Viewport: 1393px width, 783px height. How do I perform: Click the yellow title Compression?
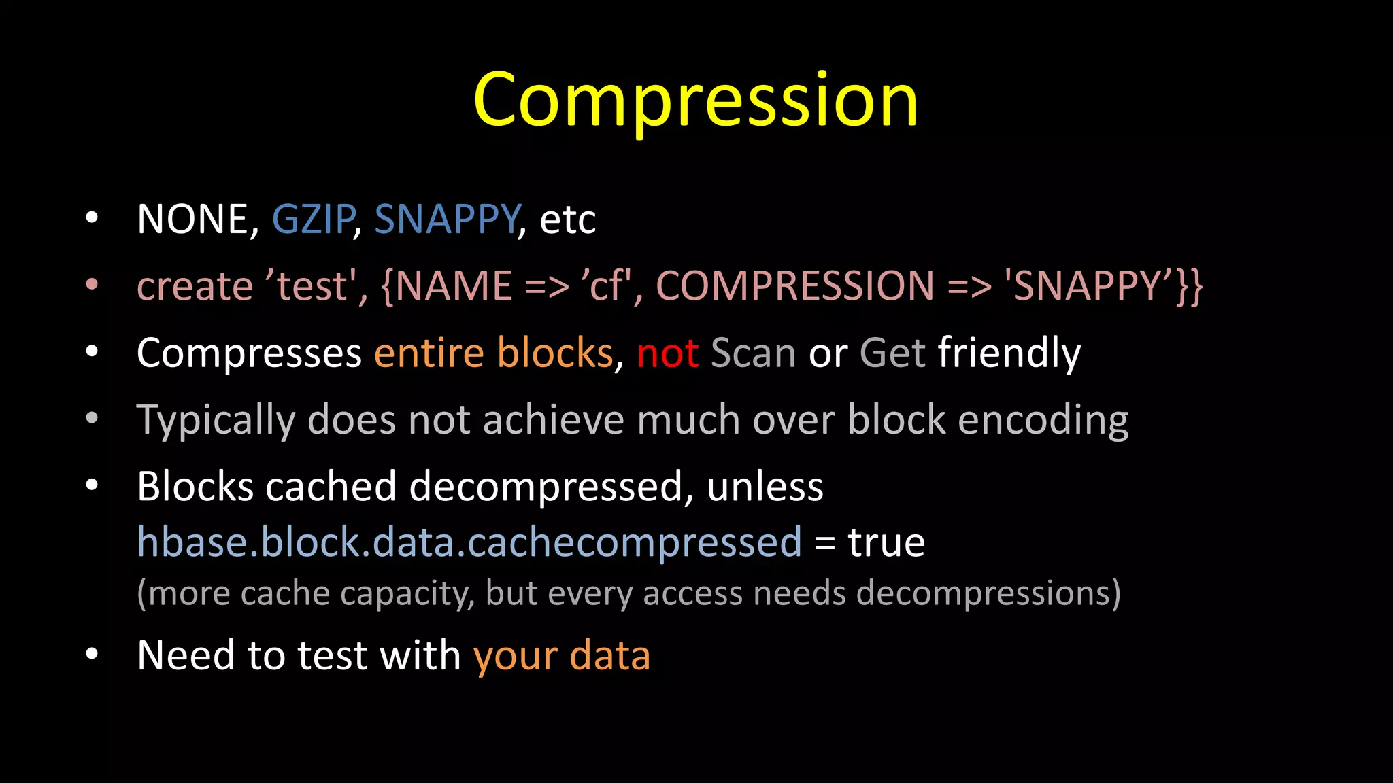(x=695, y=101)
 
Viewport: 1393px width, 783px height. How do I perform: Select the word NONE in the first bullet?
(x=192, y=220)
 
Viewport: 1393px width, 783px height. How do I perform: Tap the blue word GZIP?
(x=313, y=220)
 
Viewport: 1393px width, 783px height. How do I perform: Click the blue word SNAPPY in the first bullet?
(x=447, y=220)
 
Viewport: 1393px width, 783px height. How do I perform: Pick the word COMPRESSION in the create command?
(x=794, y=285)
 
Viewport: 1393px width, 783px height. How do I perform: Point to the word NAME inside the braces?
(x=453, y=285)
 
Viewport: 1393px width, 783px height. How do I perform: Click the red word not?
(x=667, y=353)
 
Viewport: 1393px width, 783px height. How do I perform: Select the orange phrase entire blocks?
(x=494, y=353)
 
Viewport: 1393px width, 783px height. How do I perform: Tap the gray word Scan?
(x=753, y=353)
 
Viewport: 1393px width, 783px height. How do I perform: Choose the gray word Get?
(x=892, y=353)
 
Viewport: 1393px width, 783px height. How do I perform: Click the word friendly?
(x=1009, y=353)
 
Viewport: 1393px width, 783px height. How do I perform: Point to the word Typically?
(x=216, y=420)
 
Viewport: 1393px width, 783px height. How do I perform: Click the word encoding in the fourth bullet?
(x=1043, y=420)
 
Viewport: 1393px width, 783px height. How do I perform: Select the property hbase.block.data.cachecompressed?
(x=469, y=542)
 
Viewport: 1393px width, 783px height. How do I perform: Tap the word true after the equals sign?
(x=886, y=542)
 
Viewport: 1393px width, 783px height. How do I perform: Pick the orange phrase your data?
(x=561, y=655)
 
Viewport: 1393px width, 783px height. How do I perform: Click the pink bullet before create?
(x=92, y=285)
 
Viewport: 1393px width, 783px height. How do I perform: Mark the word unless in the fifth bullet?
(x=765, y=487)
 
